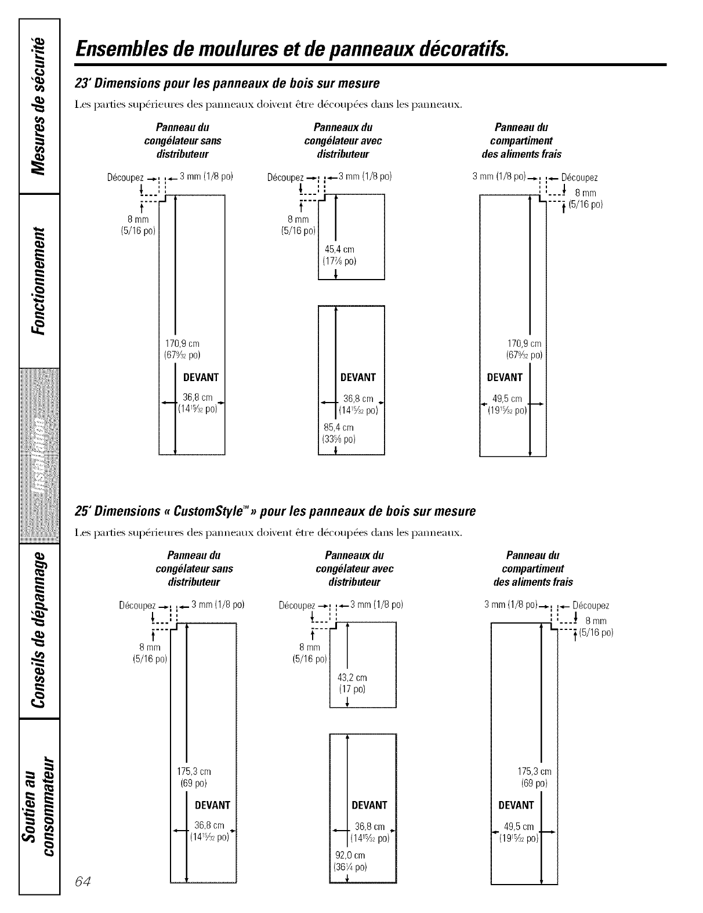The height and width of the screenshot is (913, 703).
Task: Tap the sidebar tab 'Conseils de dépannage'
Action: (x=39, y=631)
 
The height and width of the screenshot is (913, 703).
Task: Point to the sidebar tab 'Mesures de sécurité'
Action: (x=39, y=105)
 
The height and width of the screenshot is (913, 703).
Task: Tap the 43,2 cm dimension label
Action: (x=352, y=677)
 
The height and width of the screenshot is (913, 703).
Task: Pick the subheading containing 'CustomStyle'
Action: (x=276, y=511)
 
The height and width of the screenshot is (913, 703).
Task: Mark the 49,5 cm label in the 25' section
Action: (x=520, y=827)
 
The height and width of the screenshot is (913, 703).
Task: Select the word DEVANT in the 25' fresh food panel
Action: (x=516, y=805)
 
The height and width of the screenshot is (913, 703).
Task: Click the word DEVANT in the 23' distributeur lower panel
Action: (x=358, y=378)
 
